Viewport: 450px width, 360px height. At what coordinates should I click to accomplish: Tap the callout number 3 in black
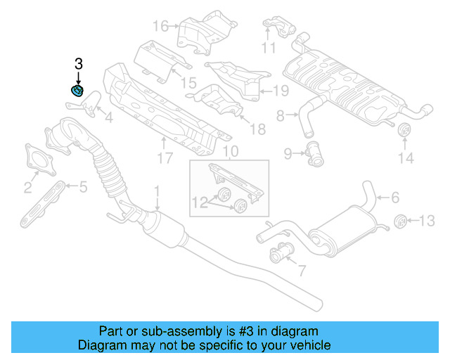tap(78, 65)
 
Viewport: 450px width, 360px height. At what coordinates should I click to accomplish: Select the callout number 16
tap(160, 27)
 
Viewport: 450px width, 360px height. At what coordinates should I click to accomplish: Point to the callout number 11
tap(268, 48)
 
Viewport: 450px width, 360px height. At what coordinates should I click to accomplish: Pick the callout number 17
tap(165, 159)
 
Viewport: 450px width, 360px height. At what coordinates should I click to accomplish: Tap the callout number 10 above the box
tap(231, 151)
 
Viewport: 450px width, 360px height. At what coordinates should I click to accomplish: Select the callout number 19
tap(281, 90)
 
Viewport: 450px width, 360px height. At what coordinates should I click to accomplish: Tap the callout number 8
tap(280, 115)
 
